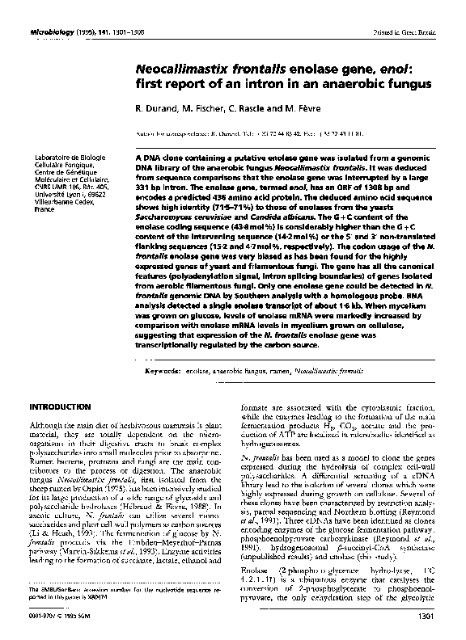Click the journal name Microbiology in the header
coord(50,9)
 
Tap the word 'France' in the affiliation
coord(37,208)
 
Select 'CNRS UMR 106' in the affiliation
coord(47,186)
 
